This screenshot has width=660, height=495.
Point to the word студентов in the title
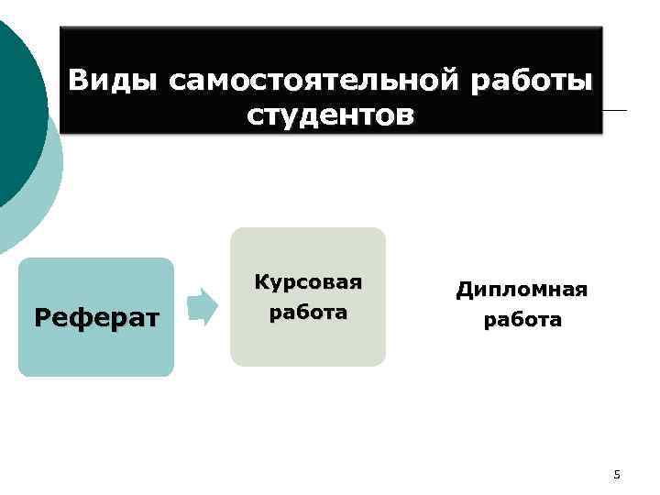330,116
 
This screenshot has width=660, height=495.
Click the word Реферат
96,318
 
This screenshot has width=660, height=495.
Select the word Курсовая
308,281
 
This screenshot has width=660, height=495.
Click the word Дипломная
522,290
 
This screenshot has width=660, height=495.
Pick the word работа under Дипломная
522,321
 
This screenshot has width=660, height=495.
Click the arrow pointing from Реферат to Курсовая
202,307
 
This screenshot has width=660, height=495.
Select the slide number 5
617,474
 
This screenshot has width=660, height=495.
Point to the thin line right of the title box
616,111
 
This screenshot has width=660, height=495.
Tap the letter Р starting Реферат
41,318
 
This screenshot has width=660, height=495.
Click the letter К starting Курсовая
261,281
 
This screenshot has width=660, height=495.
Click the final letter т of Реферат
152,319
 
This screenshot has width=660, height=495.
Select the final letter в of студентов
404,117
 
